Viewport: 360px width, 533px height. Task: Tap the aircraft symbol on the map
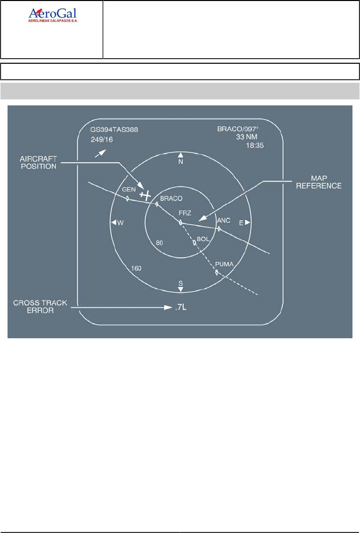tap(146, 194)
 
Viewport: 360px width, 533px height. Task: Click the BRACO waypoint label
tap(171, 199)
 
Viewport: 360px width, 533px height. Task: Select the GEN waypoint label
tap(129, 190)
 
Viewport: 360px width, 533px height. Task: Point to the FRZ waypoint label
tap(185, 213)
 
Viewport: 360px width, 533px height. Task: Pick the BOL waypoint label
tap(202, 239)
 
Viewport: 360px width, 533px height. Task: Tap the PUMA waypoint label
tap(223, 264)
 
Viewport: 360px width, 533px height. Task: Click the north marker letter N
tap(181, 162)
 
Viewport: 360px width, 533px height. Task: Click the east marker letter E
tap(241, 222)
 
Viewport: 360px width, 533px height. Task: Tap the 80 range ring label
tap(160, 243)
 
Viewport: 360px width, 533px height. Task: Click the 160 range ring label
tap(136, 269)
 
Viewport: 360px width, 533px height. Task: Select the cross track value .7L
tap(181, 307)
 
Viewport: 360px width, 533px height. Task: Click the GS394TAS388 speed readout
tap(114, 129)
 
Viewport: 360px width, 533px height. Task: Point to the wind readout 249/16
tap(101, 139)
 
